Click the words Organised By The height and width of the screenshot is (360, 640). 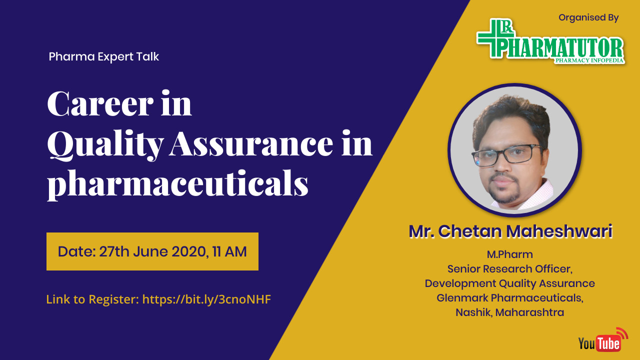[588, 17]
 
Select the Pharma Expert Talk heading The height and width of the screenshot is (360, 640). [103, 56]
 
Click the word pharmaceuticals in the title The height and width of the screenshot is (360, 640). [177, 184]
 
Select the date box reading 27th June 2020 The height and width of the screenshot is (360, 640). [152, 251]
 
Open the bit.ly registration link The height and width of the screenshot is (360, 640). [206, 299]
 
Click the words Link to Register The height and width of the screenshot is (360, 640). [92, 299]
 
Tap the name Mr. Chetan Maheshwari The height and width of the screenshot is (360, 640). [510, 231]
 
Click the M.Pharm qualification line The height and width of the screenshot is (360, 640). [509, 254]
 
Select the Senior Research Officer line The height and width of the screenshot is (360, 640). [509, 269]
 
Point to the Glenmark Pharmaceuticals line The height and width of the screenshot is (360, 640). [509, 298]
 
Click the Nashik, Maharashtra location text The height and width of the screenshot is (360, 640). [509, 312]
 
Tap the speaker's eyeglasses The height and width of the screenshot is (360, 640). [507, 155]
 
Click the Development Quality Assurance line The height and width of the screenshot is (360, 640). [509, 283]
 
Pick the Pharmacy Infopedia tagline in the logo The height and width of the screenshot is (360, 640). [589, 60]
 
